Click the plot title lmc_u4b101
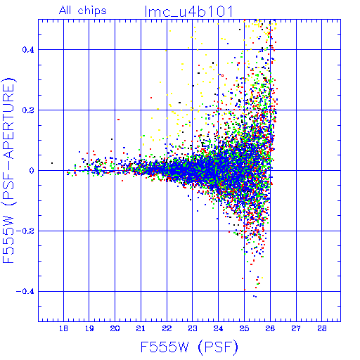click(189, 11)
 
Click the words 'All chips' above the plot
click(83, 11)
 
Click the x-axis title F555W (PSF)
click(189, 347)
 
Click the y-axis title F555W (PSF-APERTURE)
click(8, 170)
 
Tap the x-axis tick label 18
click(63, 328)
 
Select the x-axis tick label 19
click(89, 328)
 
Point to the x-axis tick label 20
click(115, 328)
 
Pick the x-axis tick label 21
click(141, 328)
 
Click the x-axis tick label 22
click(167, 328)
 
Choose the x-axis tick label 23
click(193, 328)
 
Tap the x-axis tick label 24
click(219, 328)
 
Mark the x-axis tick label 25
click(244, 328)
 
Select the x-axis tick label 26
click(270, 328)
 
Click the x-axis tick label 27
click(296, 328)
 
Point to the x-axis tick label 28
click(322, 328)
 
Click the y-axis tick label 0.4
click(28, 50)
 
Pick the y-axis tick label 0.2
click(28, 110)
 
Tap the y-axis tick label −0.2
click(25, 231)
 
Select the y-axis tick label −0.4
click(25, 292)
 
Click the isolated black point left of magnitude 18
click(52, 163)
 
